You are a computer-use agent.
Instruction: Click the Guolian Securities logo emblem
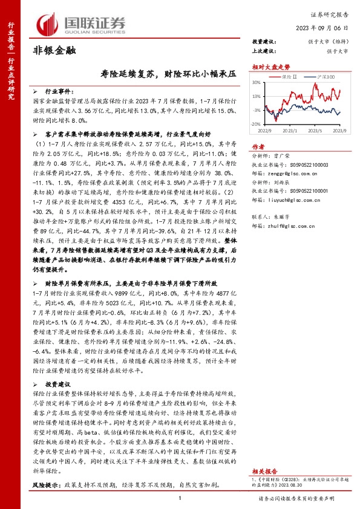48,23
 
